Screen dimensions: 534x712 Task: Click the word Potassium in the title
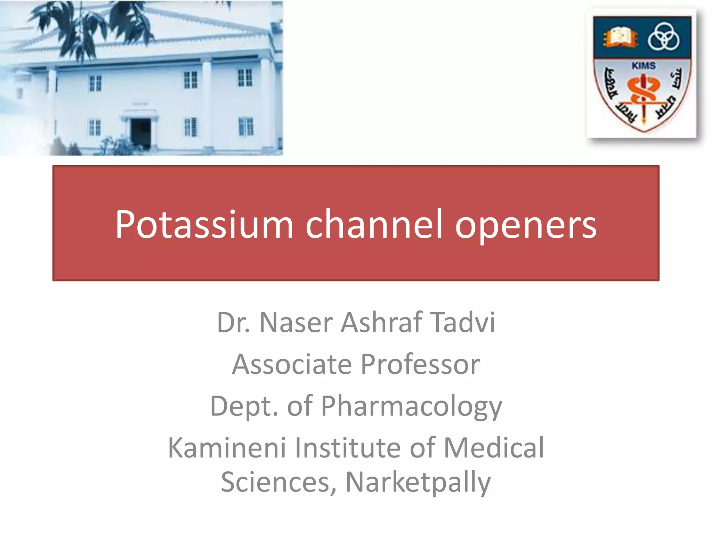(204, 225)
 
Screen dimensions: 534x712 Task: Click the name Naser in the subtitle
(296, 323)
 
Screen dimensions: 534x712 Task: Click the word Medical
(494, 448)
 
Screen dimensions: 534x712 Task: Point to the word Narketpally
(418, 483)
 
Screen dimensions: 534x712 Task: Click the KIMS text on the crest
(644, 66)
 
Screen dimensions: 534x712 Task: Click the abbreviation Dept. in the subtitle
(244, 406)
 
